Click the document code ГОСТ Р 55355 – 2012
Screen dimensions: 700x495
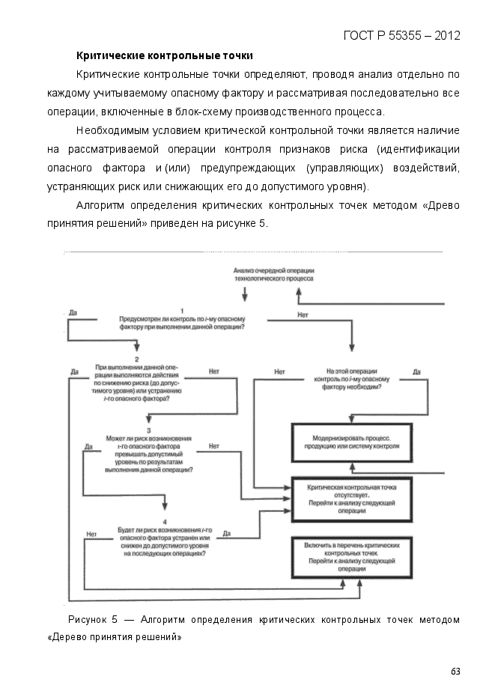coord(401,35)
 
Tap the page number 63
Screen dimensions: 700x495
coord(455,671)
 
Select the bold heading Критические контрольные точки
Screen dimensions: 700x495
coord(165,55)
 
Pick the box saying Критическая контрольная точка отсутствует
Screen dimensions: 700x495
coord(351,499)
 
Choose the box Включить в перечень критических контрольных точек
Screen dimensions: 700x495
coord(351,557)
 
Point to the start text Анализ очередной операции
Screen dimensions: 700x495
coord(273,273)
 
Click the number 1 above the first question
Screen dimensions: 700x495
coord(182,309)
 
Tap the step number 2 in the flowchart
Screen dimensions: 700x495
coord(137,359)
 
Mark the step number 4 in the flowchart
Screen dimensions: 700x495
coord(164,520)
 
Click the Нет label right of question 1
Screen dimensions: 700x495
coord(303,315)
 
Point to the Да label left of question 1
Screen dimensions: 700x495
coord(73,311)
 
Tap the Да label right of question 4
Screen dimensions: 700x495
coord(227,533)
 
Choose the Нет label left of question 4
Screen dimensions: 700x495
coord(91,534)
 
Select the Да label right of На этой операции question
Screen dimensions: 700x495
coord(416,371)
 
